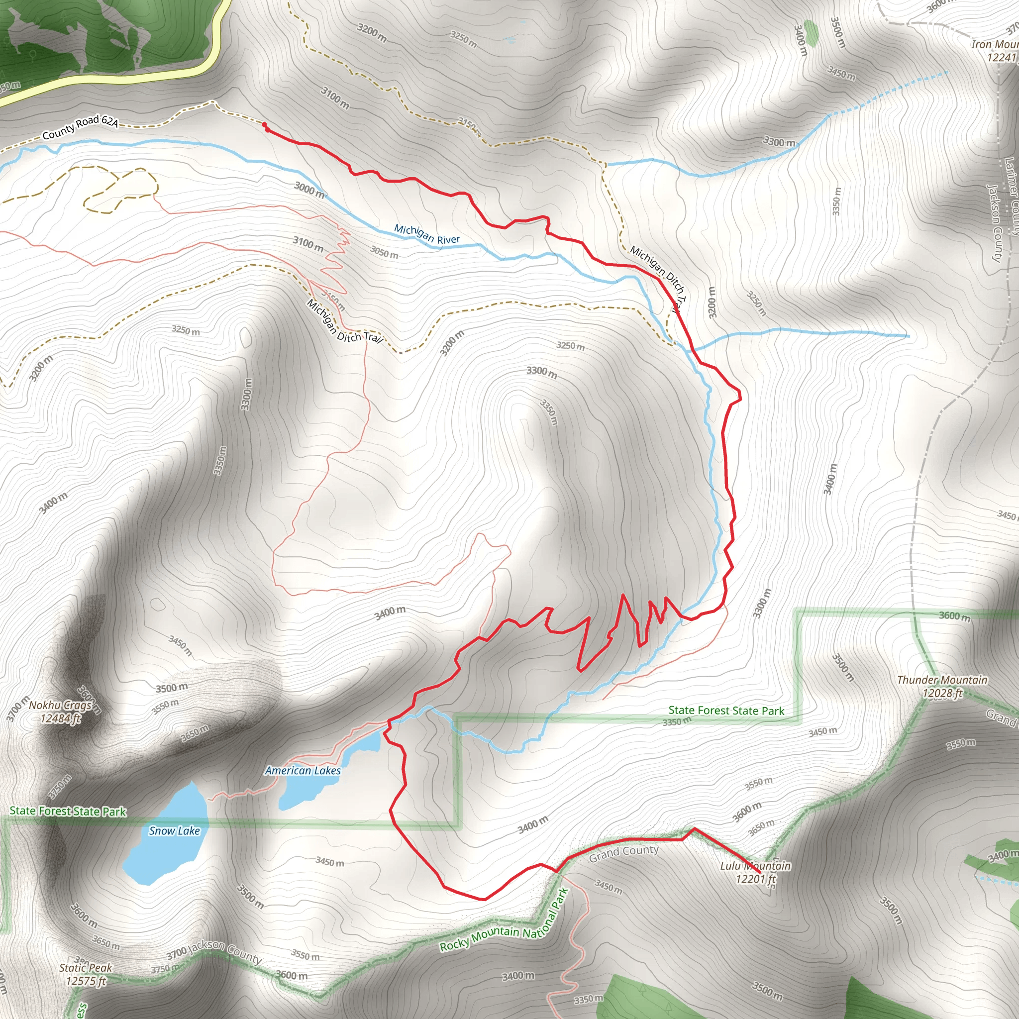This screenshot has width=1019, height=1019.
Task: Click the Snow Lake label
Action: coord(174,831)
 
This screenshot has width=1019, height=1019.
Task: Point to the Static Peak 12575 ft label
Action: coord(86,974)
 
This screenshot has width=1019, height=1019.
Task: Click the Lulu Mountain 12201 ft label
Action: coord(755,872)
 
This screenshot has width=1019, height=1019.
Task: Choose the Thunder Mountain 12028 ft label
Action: coord(942,686)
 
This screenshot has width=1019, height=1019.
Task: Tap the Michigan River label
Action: coord(427,235)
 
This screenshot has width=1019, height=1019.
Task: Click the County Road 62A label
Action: coord(80,128)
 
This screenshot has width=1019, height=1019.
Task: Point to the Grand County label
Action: coord(623,853)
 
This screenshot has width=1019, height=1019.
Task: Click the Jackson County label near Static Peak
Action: coord(225,951)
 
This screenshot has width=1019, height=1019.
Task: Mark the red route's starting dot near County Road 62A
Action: coord(264,125)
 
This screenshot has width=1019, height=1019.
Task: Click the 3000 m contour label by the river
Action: coord(309,190)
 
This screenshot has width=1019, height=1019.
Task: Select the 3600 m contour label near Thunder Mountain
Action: coord(954,616)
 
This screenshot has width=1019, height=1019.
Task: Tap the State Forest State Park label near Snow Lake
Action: coord(68,811)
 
